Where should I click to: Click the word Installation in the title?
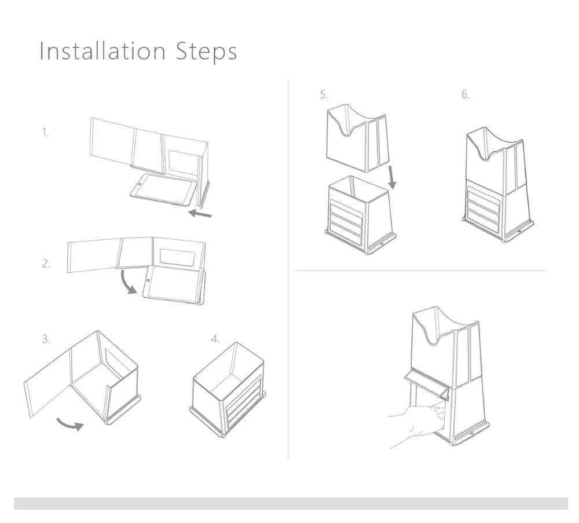pyautogui.click(x=102, y=50)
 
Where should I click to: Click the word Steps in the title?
pyautogui.click(x=206, y=52)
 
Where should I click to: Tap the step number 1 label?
pyautogui.click(x=45, y=133)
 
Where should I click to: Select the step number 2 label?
pyautogui.click(x=46, y=264)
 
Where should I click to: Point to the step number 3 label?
pyautogui.click(x=46, y=339)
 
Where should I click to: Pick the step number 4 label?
pyautogui.click(x=215, y=339)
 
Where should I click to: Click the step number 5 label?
pyautogui.click(x=324, y=94)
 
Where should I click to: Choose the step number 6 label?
pyautogui.click(x=466, y=94)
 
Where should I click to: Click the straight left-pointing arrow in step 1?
pyautogui.click(x=200, y=214)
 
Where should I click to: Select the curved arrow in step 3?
pyautogui.click(x=70, y=425)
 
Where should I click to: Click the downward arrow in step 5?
pyautogui.click(x=392, y=178)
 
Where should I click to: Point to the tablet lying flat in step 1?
pyautogui.click(x=163, y=190)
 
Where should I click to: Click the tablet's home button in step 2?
pyautogui.click(x=148, y=280)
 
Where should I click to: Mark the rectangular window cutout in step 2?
pyautogui.click(x=178, y=257)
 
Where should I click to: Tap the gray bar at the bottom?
pyautogui.click(x=291, y=503)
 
